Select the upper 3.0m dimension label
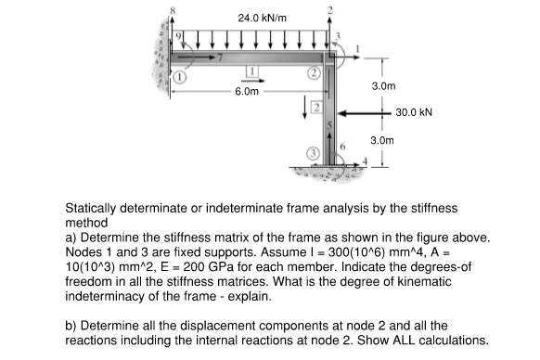(384, 84)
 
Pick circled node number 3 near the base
(315, 151)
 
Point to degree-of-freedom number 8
(171, 10)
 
